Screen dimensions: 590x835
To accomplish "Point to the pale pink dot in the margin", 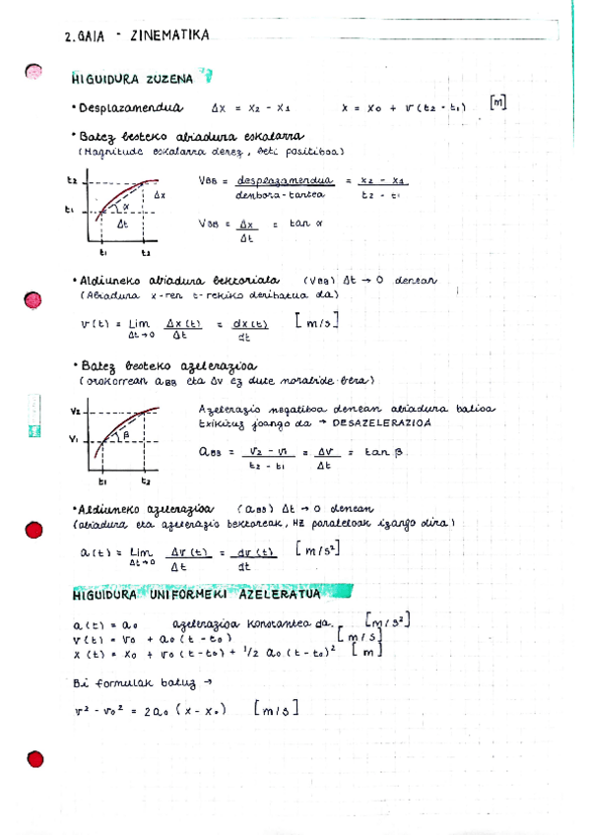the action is click(x=33, y=71).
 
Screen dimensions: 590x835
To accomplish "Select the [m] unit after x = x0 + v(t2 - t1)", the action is click(x=497, y=103).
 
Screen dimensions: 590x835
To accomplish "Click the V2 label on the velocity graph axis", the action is click(x=76, y=410).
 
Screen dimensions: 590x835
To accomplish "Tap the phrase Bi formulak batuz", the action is click(x=129, y=680).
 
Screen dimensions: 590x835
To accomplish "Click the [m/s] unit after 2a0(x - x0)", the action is click(x=276, y=709).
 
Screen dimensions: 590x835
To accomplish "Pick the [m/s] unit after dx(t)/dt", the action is click(x=316, y=322).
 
